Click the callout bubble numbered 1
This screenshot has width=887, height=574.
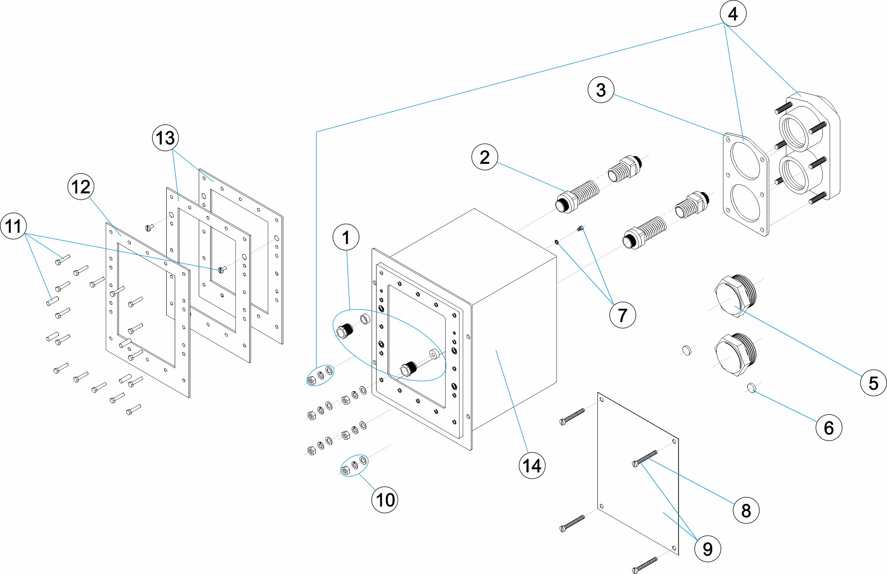[346, 237]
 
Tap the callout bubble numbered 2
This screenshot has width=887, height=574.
[485, 157]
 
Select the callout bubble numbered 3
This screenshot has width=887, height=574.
[601, 90]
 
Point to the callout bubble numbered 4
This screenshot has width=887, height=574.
[733, 14]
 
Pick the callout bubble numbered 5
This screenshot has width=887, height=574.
[873, 383]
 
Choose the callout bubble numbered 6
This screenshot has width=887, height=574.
[828, 428]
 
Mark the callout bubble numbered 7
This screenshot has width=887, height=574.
[622, 315]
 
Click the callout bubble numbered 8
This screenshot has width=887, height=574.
[746, 510]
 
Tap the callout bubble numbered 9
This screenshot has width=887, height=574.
[707, 549]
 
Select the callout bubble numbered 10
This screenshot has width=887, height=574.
[385, 500]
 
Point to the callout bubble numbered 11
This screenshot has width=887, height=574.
[13, 226]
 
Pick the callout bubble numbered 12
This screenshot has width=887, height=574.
[81, 187]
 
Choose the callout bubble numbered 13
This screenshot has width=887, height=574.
[165, 138]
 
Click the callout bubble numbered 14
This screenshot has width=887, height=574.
[532, 466]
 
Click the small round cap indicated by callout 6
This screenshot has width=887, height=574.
[751, 388]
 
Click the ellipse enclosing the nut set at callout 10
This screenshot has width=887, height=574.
[354, 465]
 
